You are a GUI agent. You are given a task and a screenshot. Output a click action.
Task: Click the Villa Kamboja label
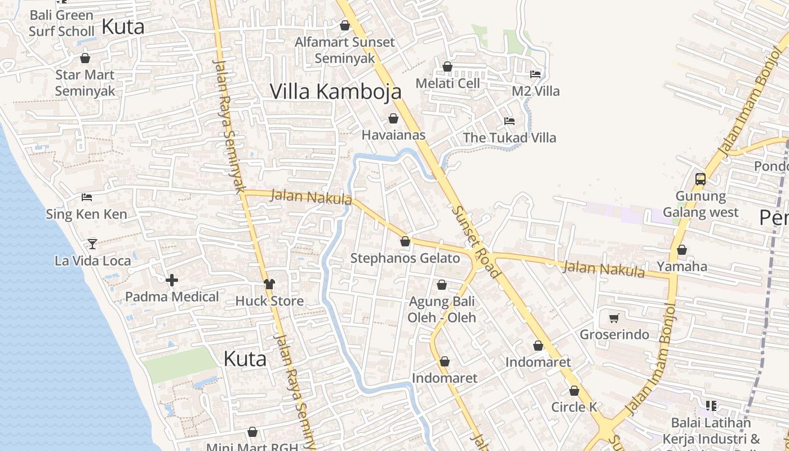pos(336,91)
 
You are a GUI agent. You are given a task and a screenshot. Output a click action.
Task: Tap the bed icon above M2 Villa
pos(535,74)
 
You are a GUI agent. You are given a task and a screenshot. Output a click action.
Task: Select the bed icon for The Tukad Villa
pos(509,121)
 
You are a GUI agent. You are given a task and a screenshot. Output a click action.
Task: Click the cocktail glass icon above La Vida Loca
pos(92,244)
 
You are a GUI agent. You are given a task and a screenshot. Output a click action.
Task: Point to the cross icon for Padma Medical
pos(172,280)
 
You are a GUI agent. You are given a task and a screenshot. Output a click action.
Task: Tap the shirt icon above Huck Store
pos(269,284)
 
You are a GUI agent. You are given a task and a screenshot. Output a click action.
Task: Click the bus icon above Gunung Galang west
pos(701,179)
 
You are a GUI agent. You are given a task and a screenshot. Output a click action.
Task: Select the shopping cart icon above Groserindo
pos(614,318)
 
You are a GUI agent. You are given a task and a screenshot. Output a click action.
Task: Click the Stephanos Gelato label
pos(405,258)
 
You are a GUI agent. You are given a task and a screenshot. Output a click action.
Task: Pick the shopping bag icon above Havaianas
pos(393,118)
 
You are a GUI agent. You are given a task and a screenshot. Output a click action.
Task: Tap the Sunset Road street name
pos(476,241)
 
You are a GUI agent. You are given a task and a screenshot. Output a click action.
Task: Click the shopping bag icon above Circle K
pos(574,390)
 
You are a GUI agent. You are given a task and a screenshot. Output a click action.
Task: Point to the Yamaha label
pos(682,266)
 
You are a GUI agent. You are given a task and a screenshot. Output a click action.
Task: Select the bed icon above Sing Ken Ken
pos(87,197)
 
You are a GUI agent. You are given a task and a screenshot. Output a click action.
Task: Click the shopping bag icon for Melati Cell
pos(447,67)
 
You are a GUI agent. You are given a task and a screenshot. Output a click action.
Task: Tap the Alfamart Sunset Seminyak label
pos(345,50)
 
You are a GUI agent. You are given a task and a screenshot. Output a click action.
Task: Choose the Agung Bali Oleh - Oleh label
pos(442,309)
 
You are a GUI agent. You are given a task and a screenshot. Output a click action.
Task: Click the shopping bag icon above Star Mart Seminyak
pos(85,58)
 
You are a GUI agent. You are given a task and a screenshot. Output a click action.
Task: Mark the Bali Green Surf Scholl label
pos(61,23)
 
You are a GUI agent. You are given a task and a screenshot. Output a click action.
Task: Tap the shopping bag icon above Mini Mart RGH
pos(252,432)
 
